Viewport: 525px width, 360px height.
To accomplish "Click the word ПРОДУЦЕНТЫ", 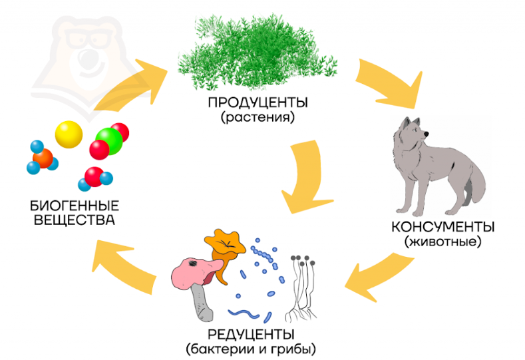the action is click(x=258, y=102).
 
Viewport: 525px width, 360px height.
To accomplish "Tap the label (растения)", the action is click(x=258, y=117).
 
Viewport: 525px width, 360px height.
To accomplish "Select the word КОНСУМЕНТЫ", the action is click(x=443, y=227).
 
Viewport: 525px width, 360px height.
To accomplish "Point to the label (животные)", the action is click(x=442, y=242).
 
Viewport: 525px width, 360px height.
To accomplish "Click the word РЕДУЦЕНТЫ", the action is click(x=251, y=334).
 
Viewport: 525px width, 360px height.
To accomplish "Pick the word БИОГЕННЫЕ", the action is click(x=75, y=205).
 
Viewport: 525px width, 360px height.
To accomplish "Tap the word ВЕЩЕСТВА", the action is click(x=75, y=220).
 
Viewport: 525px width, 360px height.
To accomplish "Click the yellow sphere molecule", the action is click(x=69, y=134).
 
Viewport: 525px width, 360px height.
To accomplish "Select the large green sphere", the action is click(x=109, y=141).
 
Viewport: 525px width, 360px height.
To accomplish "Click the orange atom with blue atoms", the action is click(x=43, y=158).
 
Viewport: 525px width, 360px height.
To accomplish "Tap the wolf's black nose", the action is click(x=427, y=134).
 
